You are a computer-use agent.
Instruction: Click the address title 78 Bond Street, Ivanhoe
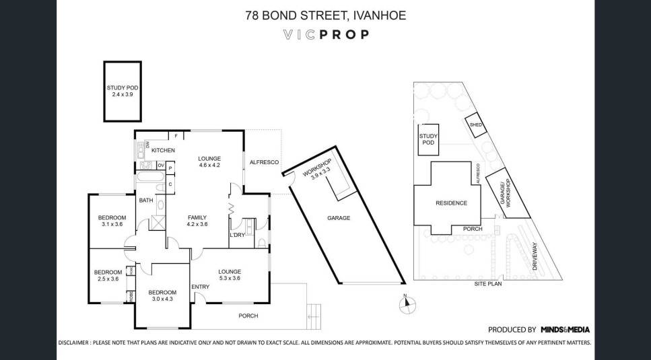[325, 14]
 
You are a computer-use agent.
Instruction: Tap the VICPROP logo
[325, 34]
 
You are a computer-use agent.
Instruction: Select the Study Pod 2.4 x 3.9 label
[122, 91]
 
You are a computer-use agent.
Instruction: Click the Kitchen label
[163, 150]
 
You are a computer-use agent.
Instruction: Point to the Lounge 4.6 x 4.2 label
[209, 161]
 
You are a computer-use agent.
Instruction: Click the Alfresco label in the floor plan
[260, 162]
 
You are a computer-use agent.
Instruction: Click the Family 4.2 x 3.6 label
[197, 221]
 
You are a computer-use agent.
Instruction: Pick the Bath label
[145, 201]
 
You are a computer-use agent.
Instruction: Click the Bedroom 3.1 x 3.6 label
[112, 221]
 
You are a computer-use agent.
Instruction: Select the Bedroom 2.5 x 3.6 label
[108, 275]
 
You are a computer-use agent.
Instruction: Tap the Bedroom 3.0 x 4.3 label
[162, 295]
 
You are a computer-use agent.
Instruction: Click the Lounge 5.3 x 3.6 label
[230, 275]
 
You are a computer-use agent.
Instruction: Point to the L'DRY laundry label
[237, 234]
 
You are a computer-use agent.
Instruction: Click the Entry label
[200, 287]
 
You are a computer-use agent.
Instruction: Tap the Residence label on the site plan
[450, 203]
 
